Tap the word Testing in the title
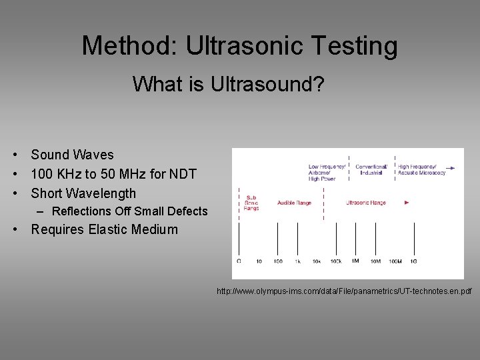coord(359,46)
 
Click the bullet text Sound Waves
coord(72,155)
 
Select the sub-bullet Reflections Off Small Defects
coord(129,211)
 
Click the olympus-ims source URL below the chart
coord(343,291)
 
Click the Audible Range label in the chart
coord(294,203)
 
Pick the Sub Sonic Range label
coord(251,203)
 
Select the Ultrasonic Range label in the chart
coord(365,203)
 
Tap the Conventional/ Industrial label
coord(371,169)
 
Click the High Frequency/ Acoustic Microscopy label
coord(421,169)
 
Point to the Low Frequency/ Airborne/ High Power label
coord(327,172)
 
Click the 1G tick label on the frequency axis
coord(413,261)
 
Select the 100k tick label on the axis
coord(336,261)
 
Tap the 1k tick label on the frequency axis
coord(298,261)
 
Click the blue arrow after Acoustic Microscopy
coord(452,169)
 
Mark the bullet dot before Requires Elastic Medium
coord(15,230)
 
